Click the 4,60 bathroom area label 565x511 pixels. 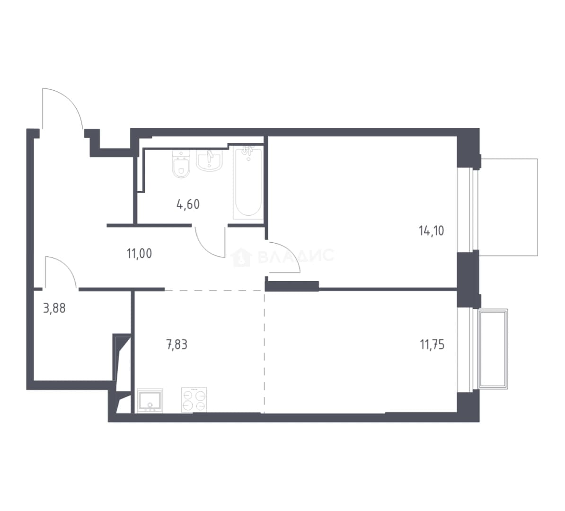pos(188,205)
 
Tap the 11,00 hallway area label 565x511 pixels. pos(140,254)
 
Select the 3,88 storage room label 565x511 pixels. pos(54,308)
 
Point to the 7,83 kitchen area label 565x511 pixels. pos(177,345)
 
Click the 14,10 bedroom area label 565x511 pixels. pos(431,230)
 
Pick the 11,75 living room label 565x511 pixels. pos(432,345)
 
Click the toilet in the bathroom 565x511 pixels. pos(181,164)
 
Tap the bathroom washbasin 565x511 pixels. pos(209,160)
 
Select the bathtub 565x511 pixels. pos(248,182)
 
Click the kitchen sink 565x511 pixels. pos(150,400)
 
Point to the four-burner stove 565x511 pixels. pos(194,400)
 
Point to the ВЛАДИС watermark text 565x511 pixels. pos(296,255)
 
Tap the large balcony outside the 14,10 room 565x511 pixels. pos(508,207)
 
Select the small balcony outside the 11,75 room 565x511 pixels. pos(493,349)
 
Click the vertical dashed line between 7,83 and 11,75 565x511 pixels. pos(265,352)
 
